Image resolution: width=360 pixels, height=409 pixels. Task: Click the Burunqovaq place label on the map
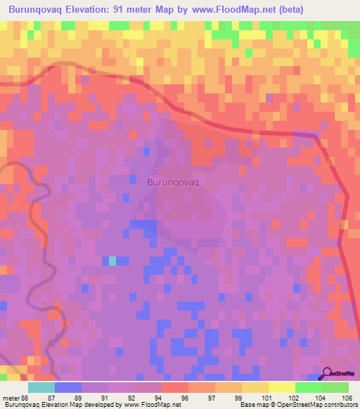pos(174,181)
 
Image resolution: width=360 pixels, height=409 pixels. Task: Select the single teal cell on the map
pos(112,261)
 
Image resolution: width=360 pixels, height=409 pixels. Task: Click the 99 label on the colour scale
pos(229,397)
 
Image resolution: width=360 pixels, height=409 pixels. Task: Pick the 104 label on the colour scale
pos(309,397)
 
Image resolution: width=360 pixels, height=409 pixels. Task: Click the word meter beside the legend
pos(10,397)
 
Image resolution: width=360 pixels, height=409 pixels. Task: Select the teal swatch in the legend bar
pos(41,387)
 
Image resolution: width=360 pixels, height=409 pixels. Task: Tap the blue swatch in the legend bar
pos(68,387)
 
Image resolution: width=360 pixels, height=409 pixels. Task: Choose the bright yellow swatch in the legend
pos(281,387)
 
